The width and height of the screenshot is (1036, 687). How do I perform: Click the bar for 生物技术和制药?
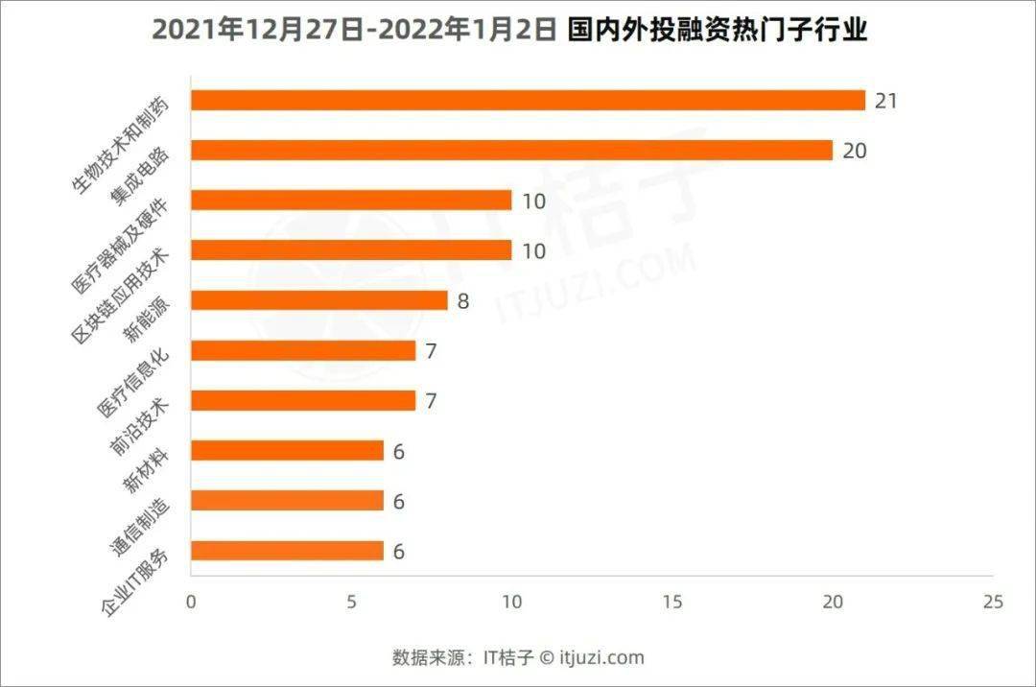click(528, 101)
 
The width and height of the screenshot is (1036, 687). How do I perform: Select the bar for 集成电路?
click(512, 151)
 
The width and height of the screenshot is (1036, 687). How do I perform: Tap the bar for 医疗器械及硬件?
click(351, 201)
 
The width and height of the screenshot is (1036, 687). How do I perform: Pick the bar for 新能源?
click(319, 300)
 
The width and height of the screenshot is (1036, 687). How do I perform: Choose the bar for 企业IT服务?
click(288, 551)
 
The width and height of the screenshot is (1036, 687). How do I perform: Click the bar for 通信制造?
click(288, 501)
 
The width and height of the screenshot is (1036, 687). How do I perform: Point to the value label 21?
click(886, 101)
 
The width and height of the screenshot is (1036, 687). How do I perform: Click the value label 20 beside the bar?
click(855, 151)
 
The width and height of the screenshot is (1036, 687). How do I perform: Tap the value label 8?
click(463, 301)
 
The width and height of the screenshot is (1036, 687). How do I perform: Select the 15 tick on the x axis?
click(671, 602)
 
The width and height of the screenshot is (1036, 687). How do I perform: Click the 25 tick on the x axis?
click(993, 602)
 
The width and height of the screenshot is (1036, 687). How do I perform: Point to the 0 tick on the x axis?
click(191, 602)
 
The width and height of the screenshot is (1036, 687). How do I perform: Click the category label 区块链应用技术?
click(120, 296)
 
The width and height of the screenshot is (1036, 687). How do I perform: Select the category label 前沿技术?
click(139, 427)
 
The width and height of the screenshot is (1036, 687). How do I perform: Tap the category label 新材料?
click(147, 470)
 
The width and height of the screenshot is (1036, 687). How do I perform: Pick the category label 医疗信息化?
click(132, 383)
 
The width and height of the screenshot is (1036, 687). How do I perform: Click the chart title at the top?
click(509, 31)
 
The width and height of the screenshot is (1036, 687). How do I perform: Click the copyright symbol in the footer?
click(547, 658)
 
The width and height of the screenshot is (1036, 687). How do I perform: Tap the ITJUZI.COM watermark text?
click(595, 284)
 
